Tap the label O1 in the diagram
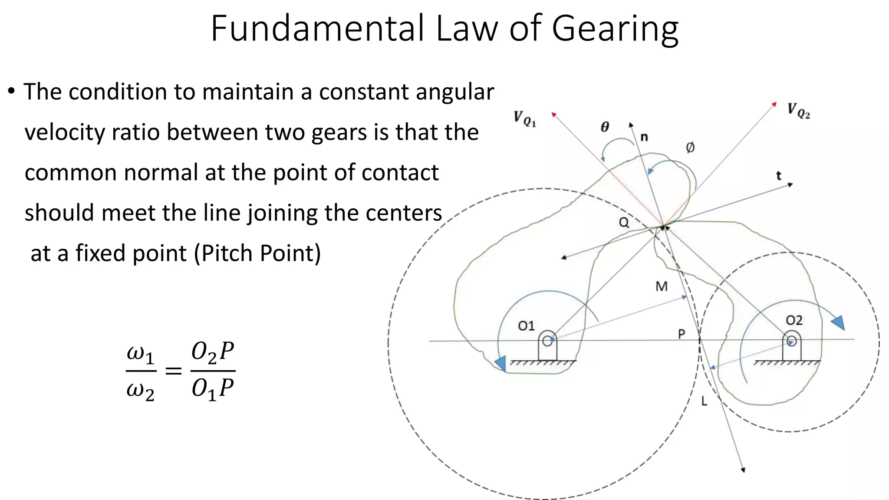point(526,326)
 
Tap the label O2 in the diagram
point(794,320)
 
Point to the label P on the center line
point(682,334)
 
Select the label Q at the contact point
point(624,223)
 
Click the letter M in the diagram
point(661,286)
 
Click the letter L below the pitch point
point(704,401)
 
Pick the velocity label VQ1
point(525,118)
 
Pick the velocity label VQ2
point(799,111)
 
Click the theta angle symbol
point(605,127)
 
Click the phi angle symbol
point(690,148)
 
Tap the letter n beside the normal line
point(644,137)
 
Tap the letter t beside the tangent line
point(778,176)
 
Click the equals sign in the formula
point(173,371)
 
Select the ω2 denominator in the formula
point(140,391)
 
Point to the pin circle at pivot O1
point(547,341)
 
